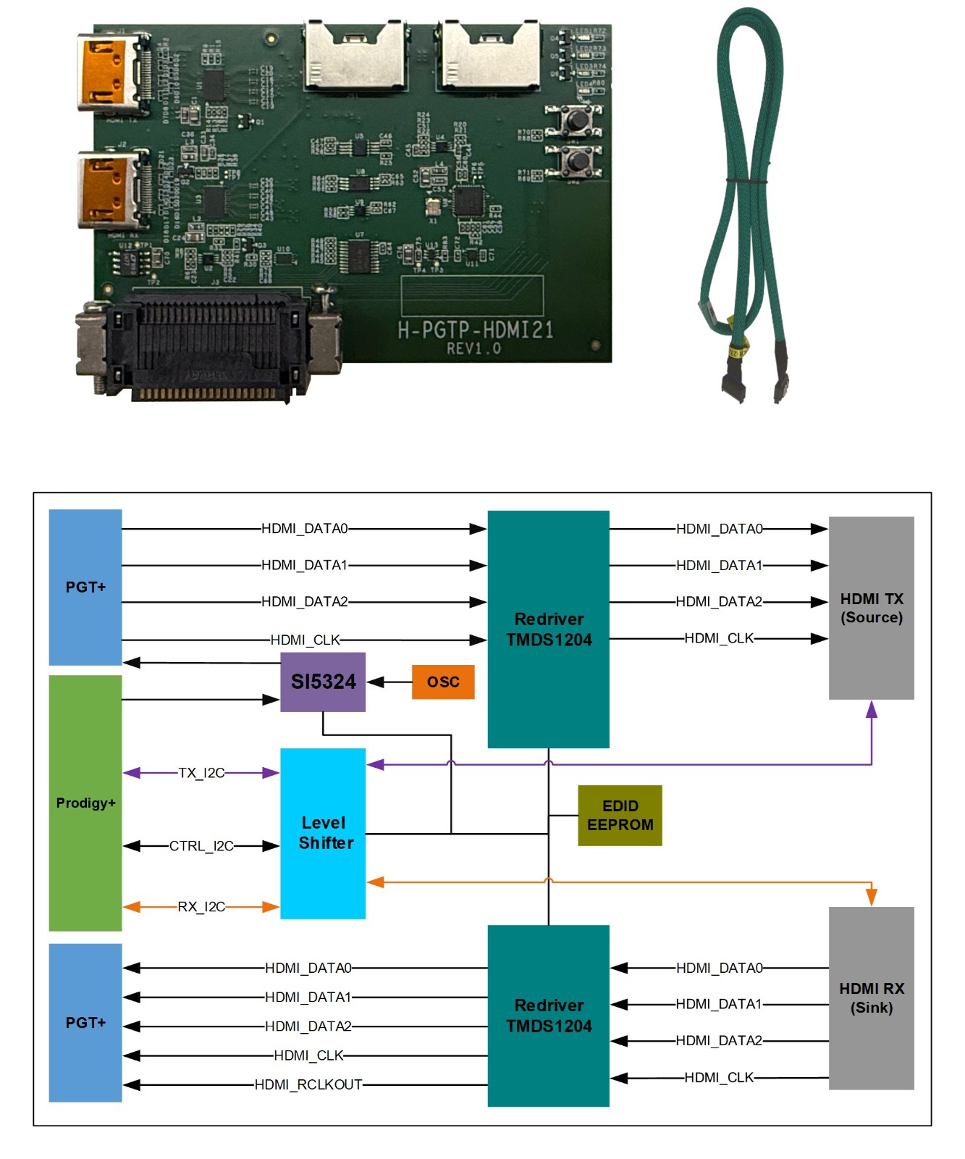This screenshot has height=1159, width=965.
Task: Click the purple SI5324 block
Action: tap(323, 682)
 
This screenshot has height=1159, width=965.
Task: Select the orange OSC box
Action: tap(443, 682)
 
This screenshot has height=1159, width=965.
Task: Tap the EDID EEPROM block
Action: tap(620, 816)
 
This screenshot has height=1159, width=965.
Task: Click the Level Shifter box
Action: tap(323, 833)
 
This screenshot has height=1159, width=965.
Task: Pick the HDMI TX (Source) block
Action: tap(871, 608)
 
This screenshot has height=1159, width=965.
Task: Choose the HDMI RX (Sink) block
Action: tap(871, 998)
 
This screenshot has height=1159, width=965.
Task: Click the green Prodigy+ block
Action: tap(85, 803)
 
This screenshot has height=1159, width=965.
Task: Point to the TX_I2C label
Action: tap(201, 773)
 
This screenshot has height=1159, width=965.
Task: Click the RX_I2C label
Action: tap(201, 907)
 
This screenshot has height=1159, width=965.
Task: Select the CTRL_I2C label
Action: tap(201, 846)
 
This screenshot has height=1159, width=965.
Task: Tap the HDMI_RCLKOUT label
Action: tap(308, 1084)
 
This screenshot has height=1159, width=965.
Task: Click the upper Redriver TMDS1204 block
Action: tap(548, 629)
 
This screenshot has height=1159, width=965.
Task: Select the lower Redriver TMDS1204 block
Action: tap(548, 1016)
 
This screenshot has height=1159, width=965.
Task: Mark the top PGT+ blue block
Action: tap(85, 587)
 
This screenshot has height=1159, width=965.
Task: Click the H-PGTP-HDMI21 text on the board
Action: tap(476, 330)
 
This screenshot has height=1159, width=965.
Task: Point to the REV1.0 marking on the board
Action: tap(473, 349)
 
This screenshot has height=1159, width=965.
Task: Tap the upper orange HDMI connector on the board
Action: tap(106, 72)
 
